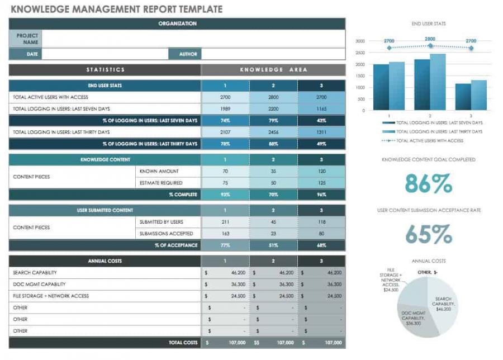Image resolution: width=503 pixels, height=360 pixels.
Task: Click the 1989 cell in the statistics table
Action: coord(225,109)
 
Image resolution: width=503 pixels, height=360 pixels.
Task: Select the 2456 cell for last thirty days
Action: coord(273,132)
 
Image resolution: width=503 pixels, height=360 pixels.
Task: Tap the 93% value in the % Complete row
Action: coord(225,195)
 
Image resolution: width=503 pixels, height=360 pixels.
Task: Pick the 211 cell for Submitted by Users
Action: coord(225,222)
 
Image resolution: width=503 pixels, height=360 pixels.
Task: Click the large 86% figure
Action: coord(429,183)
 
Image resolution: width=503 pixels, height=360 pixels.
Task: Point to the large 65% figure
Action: coord(429,234)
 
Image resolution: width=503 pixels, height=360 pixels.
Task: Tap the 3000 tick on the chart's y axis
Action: coord(360,41)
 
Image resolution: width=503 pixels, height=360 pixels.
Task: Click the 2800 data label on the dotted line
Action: coord(430,39)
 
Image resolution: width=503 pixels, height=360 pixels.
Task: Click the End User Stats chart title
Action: coord(429,24)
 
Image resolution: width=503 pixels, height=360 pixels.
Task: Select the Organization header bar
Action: coord(177,23)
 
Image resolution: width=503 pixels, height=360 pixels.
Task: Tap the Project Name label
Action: coord(26,39)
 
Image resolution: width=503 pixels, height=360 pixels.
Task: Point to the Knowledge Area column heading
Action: coord(273,70)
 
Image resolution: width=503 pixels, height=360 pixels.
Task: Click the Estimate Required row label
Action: coord(161,183)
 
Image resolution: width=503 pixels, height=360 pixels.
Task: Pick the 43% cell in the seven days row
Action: coord(321,121)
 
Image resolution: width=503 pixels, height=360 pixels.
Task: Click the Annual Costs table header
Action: coord(105,261)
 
